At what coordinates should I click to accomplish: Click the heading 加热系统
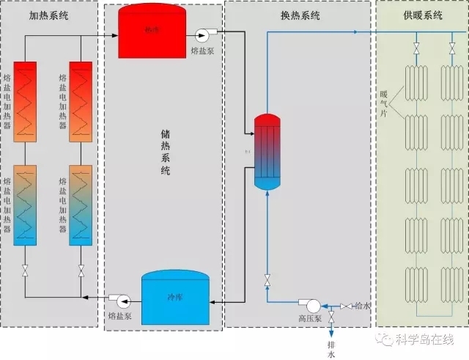48,16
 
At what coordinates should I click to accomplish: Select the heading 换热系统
300,16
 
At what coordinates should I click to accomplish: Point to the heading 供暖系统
423,16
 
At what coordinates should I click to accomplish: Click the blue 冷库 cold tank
174,298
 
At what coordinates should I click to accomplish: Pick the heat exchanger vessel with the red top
267,151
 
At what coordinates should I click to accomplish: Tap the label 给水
362,305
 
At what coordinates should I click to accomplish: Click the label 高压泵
310,320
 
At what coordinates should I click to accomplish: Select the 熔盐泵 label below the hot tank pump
202,51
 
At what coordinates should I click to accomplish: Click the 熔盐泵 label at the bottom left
119,316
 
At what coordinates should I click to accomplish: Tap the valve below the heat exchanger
267,279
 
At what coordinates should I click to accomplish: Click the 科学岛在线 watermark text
424,339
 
